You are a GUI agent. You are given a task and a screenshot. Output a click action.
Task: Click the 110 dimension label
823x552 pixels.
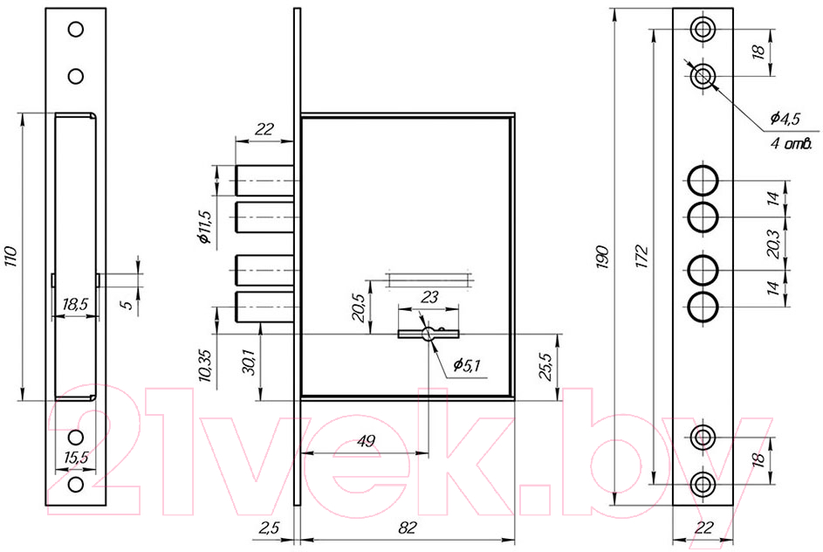click(11, 256)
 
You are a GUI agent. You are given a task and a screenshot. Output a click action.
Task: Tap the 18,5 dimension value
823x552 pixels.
click(75, 304)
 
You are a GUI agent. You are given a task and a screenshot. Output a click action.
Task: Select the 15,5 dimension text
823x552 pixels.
click(76, 459)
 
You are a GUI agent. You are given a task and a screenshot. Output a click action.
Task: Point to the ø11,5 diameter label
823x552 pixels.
click(205, 227)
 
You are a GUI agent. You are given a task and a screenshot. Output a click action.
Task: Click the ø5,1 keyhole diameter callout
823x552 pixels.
click(467, 364)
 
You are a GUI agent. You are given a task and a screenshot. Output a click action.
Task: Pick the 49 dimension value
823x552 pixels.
click(366, 441)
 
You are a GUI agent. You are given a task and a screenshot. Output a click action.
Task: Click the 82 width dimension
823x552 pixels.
click(407, 528)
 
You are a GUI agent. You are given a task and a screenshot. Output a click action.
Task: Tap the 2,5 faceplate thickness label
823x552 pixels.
click(269, 528)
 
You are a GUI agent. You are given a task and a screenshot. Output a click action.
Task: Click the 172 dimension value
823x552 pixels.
click(642, 256)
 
